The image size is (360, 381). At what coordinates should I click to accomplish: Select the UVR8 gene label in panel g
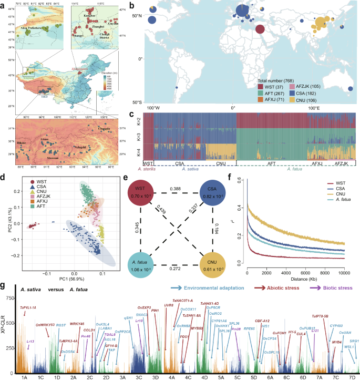(x=169, y=304)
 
